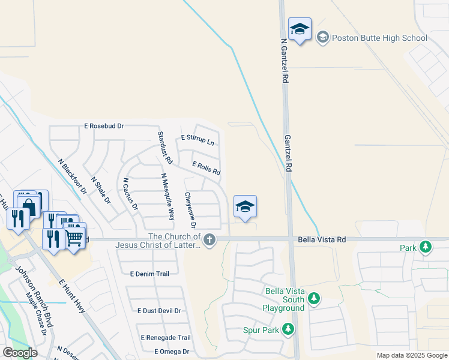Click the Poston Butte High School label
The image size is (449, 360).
(x=380, y=38)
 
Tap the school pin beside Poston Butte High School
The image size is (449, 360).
(x=300, y=29)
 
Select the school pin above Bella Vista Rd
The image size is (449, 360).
(x=244, y=208)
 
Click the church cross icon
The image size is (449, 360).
(x=209, y=240)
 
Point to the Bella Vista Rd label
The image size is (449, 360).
(x=322, y=239)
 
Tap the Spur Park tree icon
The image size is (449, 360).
(x=288, y=329)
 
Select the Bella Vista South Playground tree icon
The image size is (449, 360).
(x=312, y=298)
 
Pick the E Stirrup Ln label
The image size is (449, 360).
(x=197, y=140)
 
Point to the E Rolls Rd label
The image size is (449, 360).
(x=206, y=168)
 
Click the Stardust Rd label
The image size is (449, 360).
(x=165, y=148)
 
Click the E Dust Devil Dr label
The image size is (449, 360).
(x=159, y=311)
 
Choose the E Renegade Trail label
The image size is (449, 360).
(x=166, y=338)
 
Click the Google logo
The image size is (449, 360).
(x=20, y=352)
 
